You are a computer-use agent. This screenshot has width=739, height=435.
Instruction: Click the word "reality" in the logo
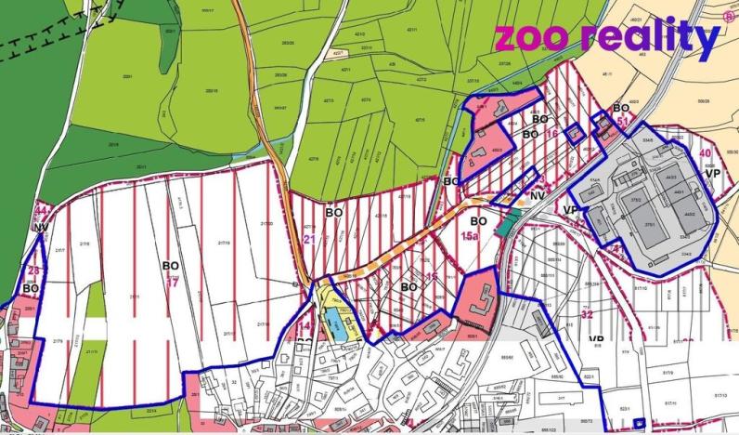point(650,39)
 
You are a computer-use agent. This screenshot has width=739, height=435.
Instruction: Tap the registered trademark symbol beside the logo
point(728,16)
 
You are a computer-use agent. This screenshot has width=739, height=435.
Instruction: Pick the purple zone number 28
point(33,270)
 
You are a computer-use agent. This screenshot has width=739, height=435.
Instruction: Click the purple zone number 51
point(623,122)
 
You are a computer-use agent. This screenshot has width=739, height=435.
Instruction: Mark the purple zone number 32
point(587,314)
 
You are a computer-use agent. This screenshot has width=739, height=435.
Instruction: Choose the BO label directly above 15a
point(478,221)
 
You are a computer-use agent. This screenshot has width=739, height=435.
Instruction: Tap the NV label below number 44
point(40,227)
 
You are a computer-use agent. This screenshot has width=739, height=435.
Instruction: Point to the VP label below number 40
point(713,173)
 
